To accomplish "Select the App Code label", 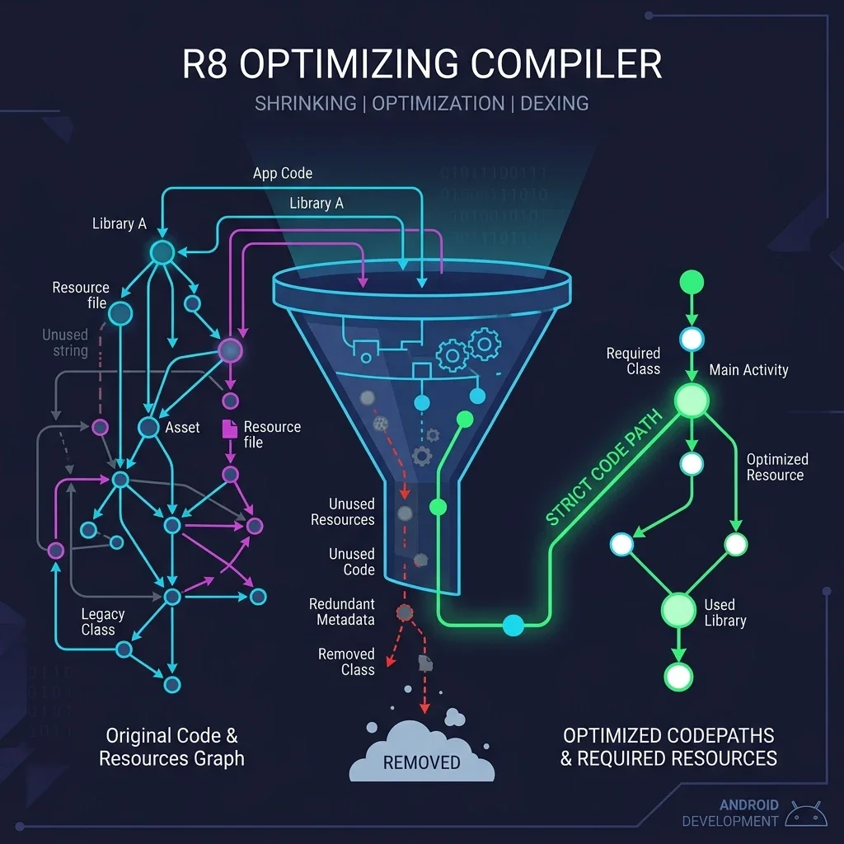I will click(x=283, y=173).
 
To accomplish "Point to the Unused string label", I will click(x=65, y=343).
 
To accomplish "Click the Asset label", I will click(x=182, y=427).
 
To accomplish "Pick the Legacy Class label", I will click(x=102, y=621).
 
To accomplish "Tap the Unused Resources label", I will click(x=342, y=512).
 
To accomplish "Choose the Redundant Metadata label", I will click(x=342, y=612).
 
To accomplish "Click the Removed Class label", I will click(x=346, y=662).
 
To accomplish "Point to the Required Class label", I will click(x=633, y=361).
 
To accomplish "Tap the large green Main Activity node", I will click(x=692, y=401).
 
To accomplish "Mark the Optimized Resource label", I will click(x=776, y=467).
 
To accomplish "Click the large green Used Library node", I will click(x=679, y=611).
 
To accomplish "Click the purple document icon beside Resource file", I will click(x=229, y=429).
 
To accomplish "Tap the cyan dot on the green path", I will click(x=513, y=626).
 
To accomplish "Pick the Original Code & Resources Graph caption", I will click(x=171, y=747).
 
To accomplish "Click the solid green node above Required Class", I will click(x=691, y=282).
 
